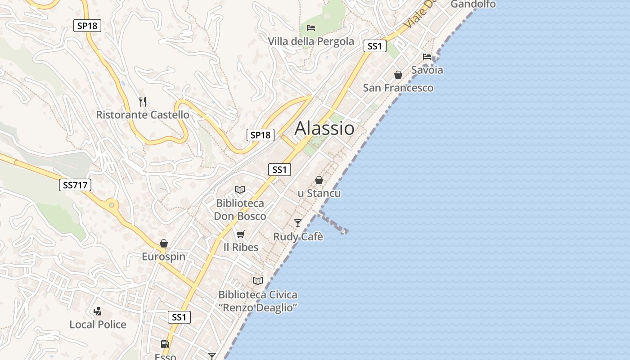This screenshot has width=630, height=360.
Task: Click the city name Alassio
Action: pyautogui.click(x=324, y=129)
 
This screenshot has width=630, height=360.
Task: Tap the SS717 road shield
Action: pyautogui.click(x=75, y=184)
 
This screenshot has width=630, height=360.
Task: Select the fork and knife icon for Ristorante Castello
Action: pyautogui.click(x=143, y=101)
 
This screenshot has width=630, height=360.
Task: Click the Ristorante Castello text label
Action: pyautogui.click(x=143, y=115)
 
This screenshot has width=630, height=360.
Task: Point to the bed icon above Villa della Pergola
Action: pyautogui.click(x=311, y=28)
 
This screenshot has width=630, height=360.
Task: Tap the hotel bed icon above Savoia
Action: pyautogui.click(x=427, y=57)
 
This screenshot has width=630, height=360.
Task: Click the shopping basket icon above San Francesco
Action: pyautogui.click(x=398, y=74)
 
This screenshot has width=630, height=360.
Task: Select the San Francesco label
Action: pyautogui.click(x=398, y=88)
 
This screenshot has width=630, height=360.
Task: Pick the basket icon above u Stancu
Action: pyautogui.click(x=319, y=180)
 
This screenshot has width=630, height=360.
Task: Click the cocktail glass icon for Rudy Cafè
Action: pyautogui.click(x=298, y=223)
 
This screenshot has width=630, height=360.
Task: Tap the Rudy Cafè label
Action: pyautogui.click(x=298, y=237)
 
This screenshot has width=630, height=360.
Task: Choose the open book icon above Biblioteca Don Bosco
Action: pyautogui.click(x=240, y=190)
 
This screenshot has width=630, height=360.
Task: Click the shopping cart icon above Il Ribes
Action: pyautogui.click(x=241, y=234)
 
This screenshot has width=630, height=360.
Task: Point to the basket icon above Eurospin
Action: pyautogui.click(x=164, y=243)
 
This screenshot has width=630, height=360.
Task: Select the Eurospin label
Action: pyautogui.click(x=164, y=257)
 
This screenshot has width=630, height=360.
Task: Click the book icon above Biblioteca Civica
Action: pyautogui.click(x=258, y=281)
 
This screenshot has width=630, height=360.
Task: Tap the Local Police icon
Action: pyautogui.click(x=97, y=311)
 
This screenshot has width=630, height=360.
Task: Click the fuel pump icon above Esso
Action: pyautogui.click(x=165, y=344)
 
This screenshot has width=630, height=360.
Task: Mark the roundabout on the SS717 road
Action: pyautogui.click(x=111, y=205)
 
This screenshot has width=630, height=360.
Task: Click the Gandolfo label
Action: pyautogui.click(x=473, y=4)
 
